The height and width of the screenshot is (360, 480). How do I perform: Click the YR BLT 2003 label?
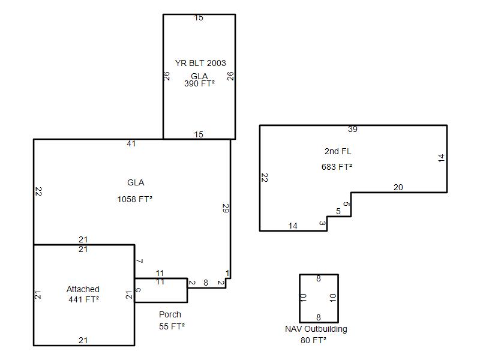(x=200, y=63)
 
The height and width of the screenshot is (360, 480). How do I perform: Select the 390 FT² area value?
(x=200, y=83)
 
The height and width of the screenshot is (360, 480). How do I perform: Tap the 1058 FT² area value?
(x=135, y=199)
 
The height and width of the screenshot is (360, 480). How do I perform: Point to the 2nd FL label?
(x=338, y=151)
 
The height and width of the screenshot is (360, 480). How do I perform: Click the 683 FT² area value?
(x=337, y=167)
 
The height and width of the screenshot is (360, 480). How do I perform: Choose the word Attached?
(x=83, y=289)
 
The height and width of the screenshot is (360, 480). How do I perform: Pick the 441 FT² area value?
(x=84, y=299)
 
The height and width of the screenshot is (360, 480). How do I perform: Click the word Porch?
(x=170, y=314)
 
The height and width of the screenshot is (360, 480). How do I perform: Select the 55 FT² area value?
(x=172, y=326)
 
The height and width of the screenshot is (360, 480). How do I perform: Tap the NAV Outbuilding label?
(x=316, y=329)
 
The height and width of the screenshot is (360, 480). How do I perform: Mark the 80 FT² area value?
(x=313, y=340)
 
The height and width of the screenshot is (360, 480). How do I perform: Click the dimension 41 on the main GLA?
(x=131, y=143)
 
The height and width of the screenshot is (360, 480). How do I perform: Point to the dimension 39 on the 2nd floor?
(x=353, y=129)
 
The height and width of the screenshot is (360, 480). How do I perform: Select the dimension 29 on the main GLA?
(x=226, y=208)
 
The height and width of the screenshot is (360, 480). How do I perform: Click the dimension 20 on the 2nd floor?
(x=398, y=187)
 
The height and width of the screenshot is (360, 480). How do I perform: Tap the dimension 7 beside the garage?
(x=140, y=261)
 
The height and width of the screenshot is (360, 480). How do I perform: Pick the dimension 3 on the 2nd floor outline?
(x=322, y=223)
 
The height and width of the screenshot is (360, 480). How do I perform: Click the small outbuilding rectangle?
(x=299, y=298)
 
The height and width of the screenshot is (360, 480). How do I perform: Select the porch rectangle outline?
(x=187, y=290)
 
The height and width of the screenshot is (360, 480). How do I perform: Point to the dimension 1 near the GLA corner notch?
(x=227, y=273)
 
